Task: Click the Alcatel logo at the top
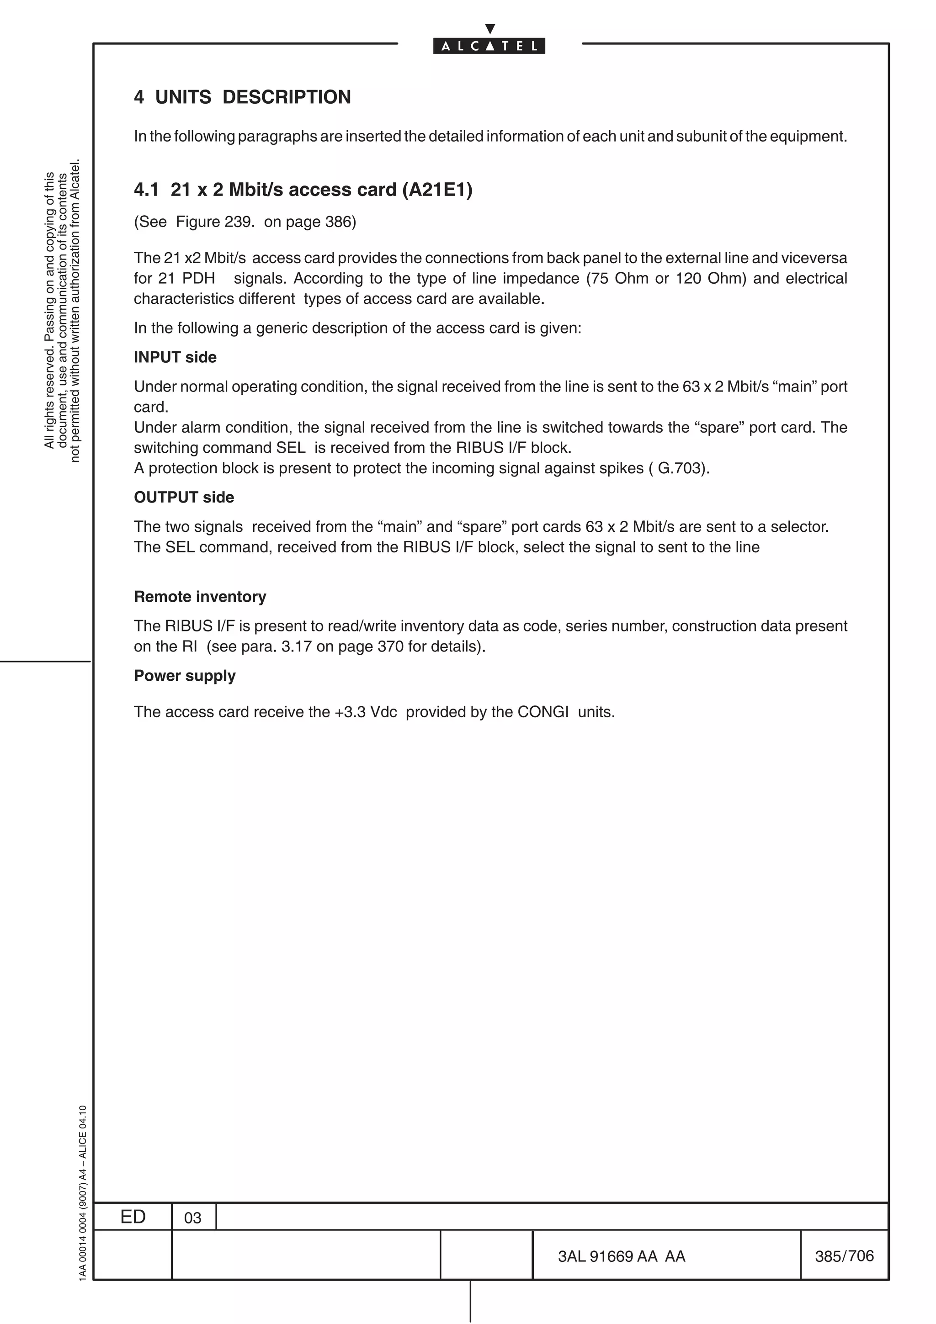[489, 46]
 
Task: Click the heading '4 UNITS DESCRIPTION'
[242, 97]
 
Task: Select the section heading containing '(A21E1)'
[303, 189]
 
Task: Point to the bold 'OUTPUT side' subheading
[183, 497]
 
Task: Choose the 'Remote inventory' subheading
[200, 596]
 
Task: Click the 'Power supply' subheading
[185, 675]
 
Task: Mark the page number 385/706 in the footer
[844, 1255]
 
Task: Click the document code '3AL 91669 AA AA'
[621, 1256]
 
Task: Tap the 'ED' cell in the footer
[133, 1217]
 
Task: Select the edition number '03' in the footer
[192, 1218]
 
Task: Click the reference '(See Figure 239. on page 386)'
[245, 222]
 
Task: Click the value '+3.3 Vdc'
[366, 712]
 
